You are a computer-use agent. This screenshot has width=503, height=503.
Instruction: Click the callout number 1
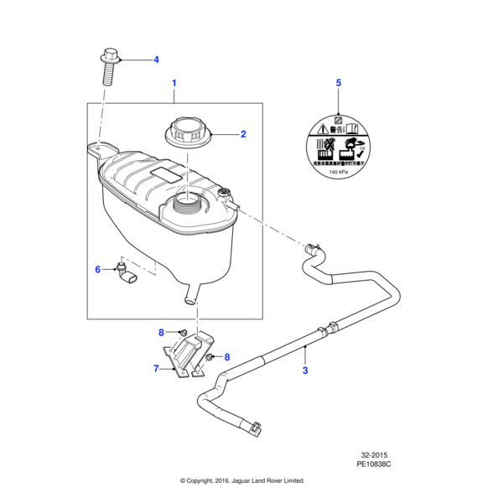tap(174, 83)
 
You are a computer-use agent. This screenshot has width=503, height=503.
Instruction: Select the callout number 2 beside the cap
tap(243, 133)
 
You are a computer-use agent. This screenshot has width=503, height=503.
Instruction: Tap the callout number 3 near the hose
tap(305, 371)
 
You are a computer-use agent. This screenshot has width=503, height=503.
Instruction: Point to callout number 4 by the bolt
tap(155, 60)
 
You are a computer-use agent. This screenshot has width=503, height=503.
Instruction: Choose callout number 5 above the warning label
tap(339, 83)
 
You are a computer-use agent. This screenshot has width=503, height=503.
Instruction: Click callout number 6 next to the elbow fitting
tap(97, 269)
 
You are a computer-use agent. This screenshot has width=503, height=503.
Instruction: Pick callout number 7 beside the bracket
tap(156, 368)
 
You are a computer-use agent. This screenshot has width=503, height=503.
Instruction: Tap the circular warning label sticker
tap(339, 148)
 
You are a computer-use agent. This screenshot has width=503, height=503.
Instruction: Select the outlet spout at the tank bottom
tap(191, 295)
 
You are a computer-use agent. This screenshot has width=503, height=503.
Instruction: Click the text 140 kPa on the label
tap(339, 171)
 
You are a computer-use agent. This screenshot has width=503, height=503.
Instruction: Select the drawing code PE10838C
tap(374, 463)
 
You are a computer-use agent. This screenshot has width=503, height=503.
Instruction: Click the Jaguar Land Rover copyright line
tap(242, 481)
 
